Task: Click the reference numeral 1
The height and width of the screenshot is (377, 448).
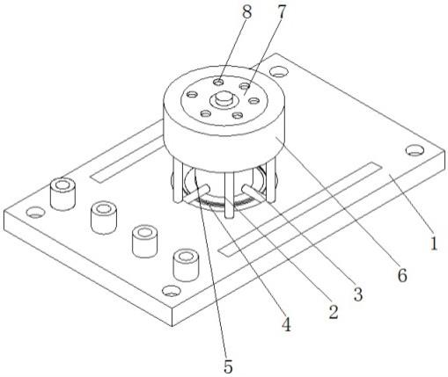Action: [x=434, y=243]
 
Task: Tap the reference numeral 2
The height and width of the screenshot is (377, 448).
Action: [x=333, y=312]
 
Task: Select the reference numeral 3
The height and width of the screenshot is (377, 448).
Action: [x=358, y=294]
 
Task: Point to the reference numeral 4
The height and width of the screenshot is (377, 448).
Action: [x=286, y=324]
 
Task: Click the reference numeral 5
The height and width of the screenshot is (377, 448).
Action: [x=229, y=366]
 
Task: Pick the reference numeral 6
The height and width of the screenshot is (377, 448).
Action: [x=402, y=276]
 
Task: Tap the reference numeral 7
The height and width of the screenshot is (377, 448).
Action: [x=281, y=12]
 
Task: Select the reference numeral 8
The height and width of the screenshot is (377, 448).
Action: [x=246, y=12]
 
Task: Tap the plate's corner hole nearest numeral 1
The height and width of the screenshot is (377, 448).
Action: [x=415, y=150]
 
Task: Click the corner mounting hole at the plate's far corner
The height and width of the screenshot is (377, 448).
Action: [x=278, y=71]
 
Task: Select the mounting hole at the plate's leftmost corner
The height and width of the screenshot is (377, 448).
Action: [x=35, y=212]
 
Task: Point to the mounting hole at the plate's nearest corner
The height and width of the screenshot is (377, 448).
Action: [x=172, y=291]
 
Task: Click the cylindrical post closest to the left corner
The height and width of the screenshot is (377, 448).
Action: [x=62, y=194]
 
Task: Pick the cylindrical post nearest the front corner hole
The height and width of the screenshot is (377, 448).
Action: [x=186, y=265]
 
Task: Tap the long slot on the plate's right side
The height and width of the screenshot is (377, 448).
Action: [x=300, y=208]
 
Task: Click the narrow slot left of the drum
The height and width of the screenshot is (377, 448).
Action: [x=127, y=159]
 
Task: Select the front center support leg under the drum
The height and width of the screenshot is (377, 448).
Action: [x=229, y=194]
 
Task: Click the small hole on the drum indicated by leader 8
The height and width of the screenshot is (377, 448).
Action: [x=218, y=83]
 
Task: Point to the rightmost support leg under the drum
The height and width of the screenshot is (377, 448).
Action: [x=271, y=182]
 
